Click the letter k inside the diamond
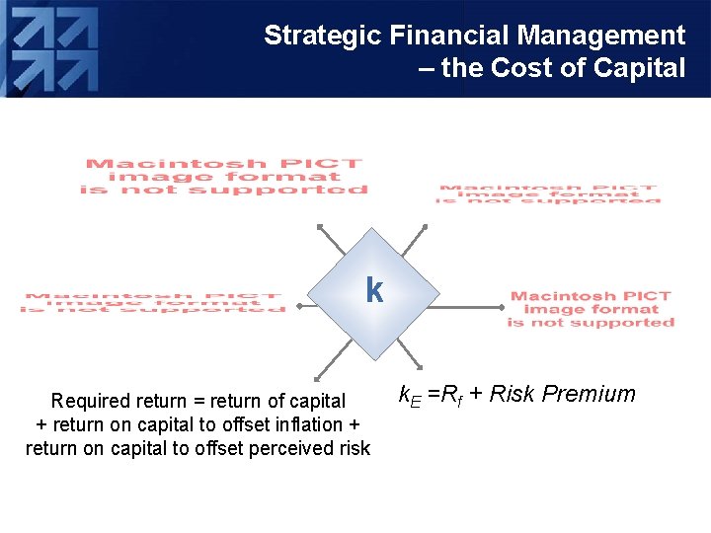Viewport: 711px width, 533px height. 374,290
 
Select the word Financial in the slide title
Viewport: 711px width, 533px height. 451,37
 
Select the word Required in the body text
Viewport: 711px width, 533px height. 91,401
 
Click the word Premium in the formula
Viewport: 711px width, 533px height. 590,394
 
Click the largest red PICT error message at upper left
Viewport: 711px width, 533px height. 224,177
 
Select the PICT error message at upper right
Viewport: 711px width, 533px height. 548,192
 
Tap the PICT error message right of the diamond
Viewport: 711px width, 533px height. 591,309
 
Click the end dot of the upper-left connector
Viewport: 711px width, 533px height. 319,227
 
